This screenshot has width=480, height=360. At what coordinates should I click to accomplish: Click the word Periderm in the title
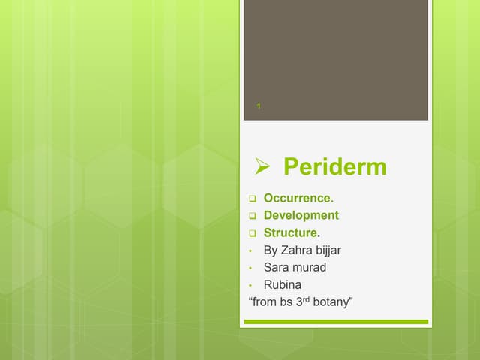[335, 166]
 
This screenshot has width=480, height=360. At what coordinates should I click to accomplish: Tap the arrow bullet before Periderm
[262, 166]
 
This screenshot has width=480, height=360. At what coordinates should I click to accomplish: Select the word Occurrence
[298, 198]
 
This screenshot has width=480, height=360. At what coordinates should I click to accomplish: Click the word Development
[301, 215]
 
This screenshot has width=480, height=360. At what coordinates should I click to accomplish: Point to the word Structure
[291, 232]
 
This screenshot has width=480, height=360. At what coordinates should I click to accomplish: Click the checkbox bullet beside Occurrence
[252, 199]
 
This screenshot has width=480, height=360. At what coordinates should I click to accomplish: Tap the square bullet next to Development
[252, 216]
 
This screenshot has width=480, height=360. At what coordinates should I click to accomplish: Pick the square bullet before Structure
[252, 233]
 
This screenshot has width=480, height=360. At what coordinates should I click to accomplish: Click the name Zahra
[298, 250]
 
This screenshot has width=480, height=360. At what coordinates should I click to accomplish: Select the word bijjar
[331, 250]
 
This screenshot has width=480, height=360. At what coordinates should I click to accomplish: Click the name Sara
[277, 267]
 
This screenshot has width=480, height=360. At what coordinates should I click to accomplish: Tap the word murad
[310, 267]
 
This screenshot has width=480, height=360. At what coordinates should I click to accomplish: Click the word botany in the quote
[331, 302]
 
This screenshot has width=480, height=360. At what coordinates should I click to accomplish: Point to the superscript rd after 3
[304, 298]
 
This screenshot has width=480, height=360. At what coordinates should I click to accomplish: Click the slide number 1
[258, 106]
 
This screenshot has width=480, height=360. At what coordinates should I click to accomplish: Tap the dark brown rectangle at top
[336, 52]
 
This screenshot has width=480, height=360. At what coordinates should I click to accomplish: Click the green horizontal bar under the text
[336, 322]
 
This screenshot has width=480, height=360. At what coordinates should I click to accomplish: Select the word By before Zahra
[271, 250]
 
